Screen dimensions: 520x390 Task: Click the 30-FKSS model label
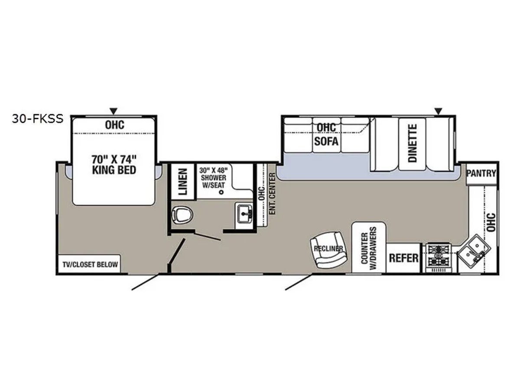(38, 119)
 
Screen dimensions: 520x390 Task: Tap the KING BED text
(114, 170)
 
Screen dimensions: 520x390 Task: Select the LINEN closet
(183, 182)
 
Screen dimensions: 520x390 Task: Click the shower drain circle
(221, 192)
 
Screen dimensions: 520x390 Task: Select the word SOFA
(326, 141)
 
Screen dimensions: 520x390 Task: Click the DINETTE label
(413, 143)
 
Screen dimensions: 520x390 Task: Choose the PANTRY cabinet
(481, 174)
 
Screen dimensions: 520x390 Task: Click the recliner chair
(328, 250)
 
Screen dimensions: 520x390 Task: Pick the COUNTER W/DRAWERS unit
(369, 248)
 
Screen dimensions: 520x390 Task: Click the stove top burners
(439, 256)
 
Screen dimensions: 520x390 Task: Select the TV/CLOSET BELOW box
(90, 264)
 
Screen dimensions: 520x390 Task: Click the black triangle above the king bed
(114, 111)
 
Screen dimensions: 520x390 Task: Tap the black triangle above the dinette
(438, 111)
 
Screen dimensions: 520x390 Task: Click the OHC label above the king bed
(115, 125)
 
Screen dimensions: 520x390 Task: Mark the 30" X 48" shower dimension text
(214, 170)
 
